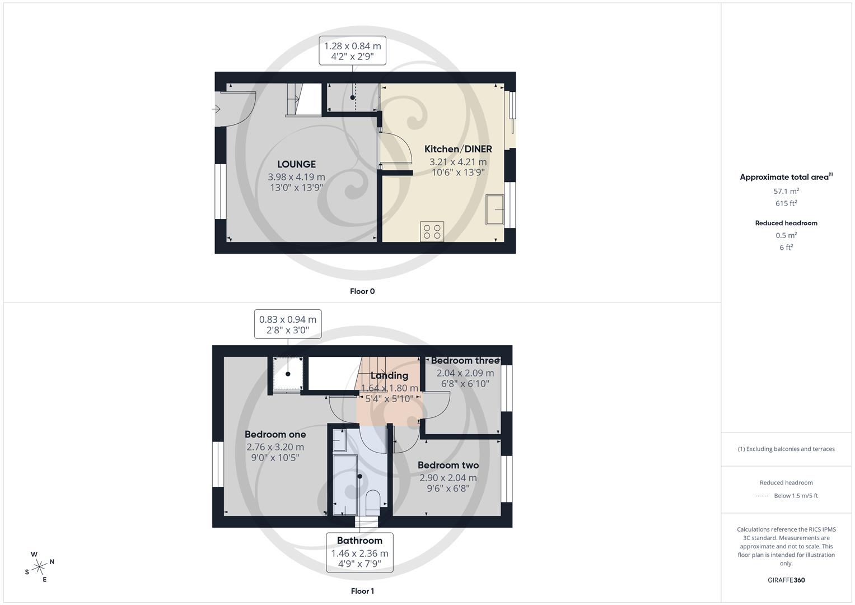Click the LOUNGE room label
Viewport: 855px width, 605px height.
click(x=296, y=164)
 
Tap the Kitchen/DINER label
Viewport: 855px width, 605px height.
click(x=458, y=149)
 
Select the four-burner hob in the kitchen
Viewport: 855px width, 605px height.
click(x=432, y=231)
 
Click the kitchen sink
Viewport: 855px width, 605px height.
click(x=494, y=210)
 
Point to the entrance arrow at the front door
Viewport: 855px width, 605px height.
click(x=216, y=109)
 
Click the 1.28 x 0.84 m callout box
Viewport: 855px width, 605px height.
click(x=352, y=51)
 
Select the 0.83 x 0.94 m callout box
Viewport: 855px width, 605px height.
click(x=287, y=324)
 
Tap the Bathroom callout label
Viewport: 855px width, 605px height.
click(x=359, y=541)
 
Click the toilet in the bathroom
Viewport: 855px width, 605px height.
click(x=372, y=501)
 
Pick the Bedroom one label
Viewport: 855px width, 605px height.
click(x=275, y=434)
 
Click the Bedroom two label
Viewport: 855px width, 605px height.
click(x=448, y=465)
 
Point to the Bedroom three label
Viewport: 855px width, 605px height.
click(x=465, y=361)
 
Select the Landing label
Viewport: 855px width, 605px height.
click(x=389, y=375)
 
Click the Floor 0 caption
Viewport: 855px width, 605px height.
click(x=362, y=291)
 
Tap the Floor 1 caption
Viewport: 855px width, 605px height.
click(x=362, y=591)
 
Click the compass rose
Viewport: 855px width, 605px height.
click(x=39, y=567)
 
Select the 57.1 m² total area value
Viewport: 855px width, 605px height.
click(x=786, y=191)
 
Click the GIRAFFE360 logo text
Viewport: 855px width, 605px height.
click(x=786, y=580)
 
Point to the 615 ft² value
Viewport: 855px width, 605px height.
click(x=786, y=203)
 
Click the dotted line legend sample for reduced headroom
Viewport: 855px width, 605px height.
click(x=762, y=496)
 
